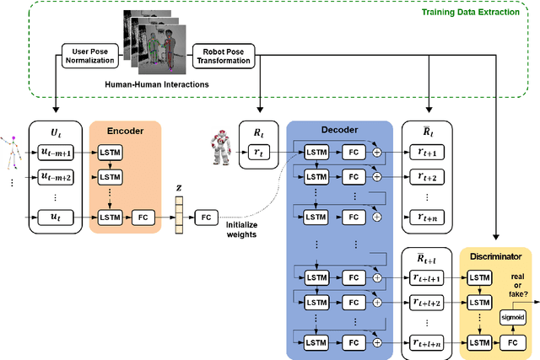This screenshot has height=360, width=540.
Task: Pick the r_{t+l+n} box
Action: point(429,341)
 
